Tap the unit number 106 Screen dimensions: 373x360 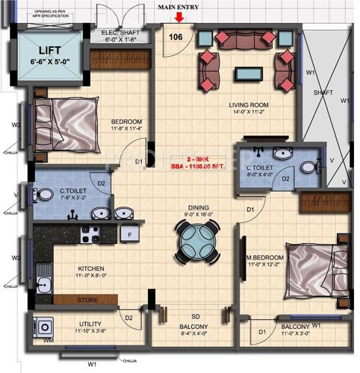pos(176,37)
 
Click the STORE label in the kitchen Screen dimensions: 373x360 pos(87,300)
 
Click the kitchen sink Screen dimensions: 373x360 pos(42,284)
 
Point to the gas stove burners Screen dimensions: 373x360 pos(90,238)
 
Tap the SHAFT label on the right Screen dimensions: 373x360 pos(323,93)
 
